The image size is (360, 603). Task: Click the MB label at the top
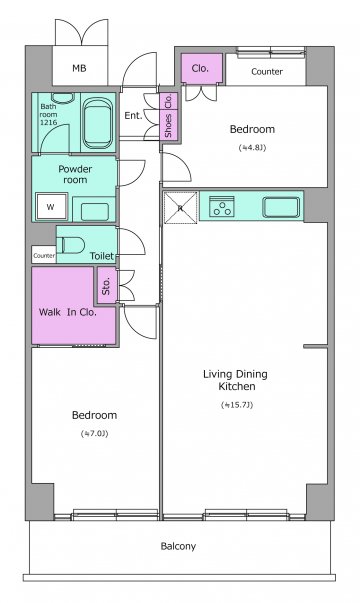point(79,68)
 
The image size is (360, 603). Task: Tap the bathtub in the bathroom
point(98,123)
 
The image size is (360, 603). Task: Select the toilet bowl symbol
point(71,245)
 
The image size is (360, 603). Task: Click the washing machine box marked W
point(51,207)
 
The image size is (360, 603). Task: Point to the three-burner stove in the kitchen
point(222,206)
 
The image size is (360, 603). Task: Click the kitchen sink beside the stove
point(281,207)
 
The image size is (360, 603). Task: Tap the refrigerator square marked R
point(180,208)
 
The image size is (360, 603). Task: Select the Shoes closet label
point(168,126)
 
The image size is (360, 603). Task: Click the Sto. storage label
point(106,286)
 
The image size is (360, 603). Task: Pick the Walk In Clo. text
point(67,312)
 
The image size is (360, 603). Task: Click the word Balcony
point(178,546)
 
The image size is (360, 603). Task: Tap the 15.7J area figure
point(237,405)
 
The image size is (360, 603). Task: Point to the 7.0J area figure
point(94,433)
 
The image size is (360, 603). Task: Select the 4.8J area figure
point(252,147)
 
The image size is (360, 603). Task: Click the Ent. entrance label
point(133,115)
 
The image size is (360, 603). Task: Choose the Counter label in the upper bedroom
point(267,72)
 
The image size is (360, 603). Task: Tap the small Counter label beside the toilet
point(44,256)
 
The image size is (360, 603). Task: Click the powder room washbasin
point(95,211)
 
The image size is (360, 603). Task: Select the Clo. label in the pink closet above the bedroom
point(200,68)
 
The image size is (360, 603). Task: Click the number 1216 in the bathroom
point(48,122)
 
